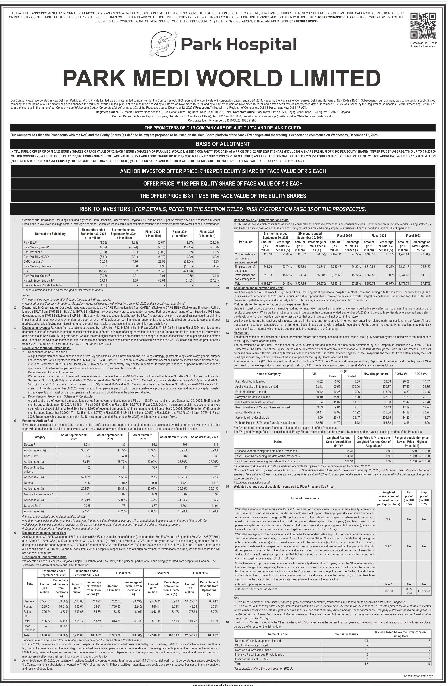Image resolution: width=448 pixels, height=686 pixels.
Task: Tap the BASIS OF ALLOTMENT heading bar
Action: [223, 144]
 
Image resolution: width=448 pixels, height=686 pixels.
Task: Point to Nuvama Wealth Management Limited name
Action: [258, 640]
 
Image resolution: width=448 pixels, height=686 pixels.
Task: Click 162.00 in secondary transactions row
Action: [389, 591]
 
